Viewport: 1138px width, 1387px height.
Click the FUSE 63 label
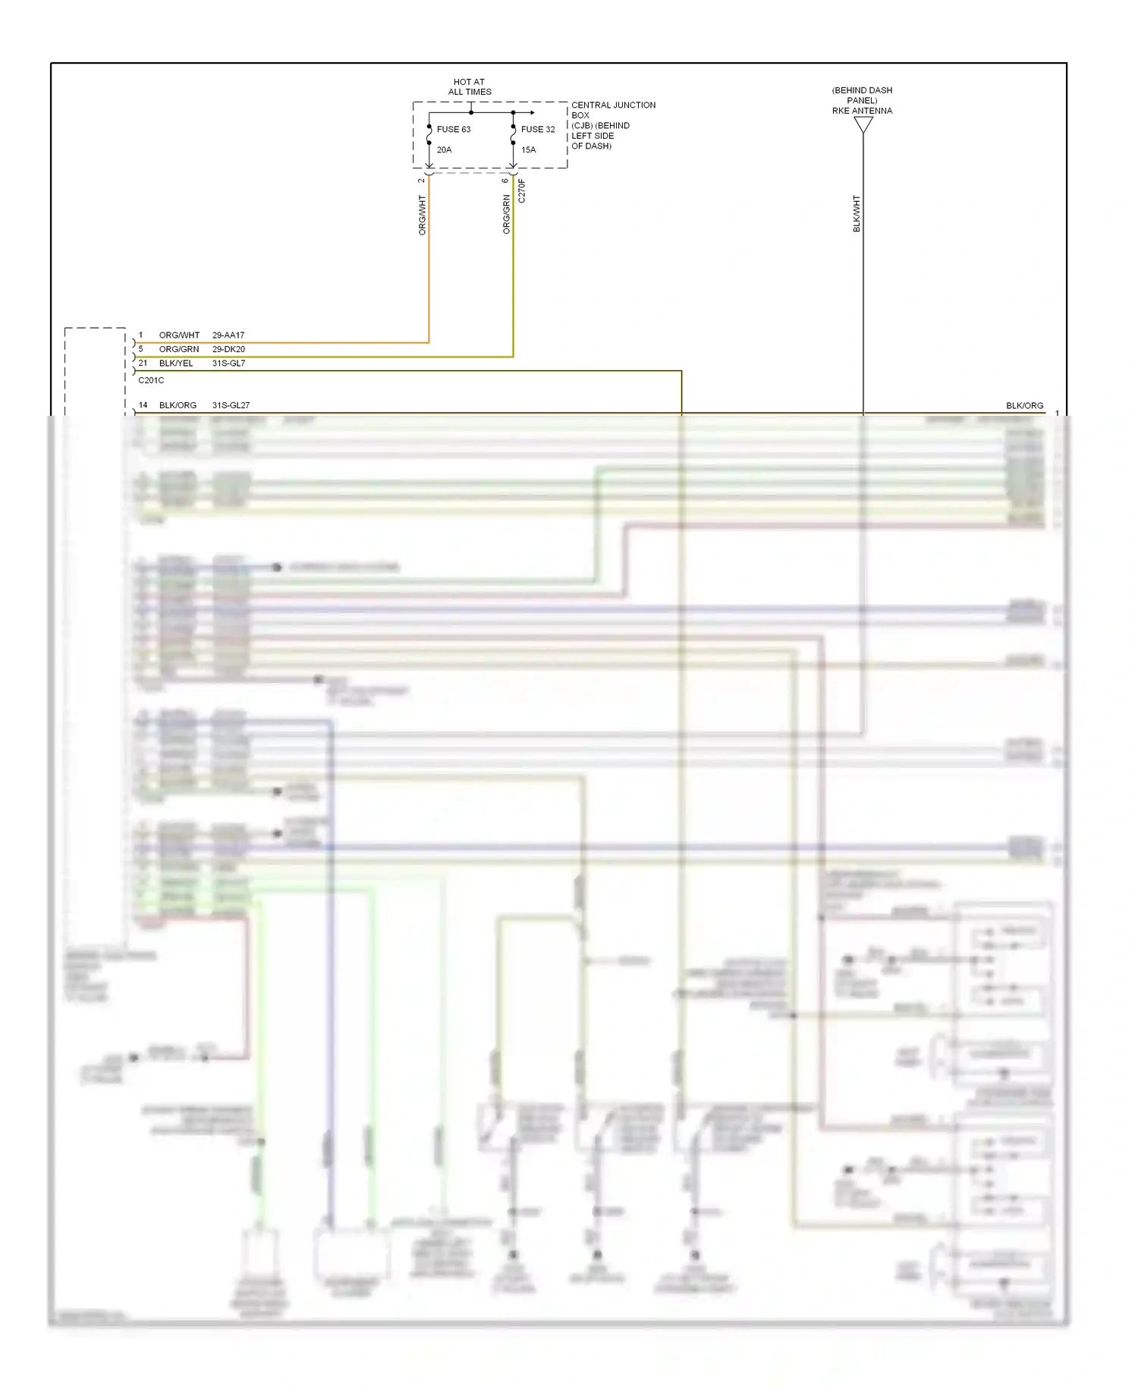pos(453,130)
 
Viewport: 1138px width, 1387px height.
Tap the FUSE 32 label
pos(537,130)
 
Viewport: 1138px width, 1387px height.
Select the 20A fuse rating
pos(444,150)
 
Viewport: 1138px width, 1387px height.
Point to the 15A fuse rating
pos(528,150)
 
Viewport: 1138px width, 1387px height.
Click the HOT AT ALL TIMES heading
pos(469,87)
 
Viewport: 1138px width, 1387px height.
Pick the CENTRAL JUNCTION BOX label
pos(613,110)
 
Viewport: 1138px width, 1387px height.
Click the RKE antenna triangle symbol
pos(863,125)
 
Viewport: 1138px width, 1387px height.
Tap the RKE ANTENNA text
pos(862,111)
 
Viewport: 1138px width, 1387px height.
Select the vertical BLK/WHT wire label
pos(857,214)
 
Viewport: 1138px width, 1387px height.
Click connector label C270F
pos(522,190)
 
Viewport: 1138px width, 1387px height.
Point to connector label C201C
pos(151,380)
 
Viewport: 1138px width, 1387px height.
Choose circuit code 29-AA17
pos(228,335)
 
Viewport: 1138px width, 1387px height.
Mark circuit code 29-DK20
pos(228,349)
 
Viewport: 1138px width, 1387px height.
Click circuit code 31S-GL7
pos(228,363)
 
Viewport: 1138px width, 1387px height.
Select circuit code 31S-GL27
pos(231,405)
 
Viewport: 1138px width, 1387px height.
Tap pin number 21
pos(143,363)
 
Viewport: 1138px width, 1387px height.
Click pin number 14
pos(143,405)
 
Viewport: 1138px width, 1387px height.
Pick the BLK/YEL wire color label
pos(176,363)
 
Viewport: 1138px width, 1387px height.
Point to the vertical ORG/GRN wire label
pos(507,214)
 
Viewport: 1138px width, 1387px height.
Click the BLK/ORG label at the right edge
pos(1024,406)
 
